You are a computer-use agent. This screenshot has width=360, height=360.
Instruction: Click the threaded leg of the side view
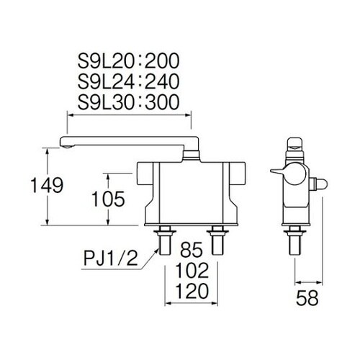click(294, 241)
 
